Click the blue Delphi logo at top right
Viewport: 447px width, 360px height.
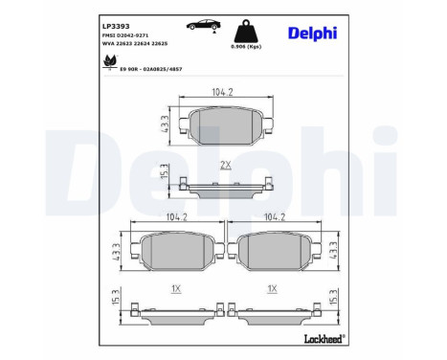point(311,34)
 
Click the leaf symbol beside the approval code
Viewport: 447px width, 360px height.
point(107,63)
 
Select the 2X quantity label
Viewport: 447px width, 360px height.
point(227,166)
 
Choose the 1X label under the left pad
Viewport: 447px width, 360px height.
point(175,288)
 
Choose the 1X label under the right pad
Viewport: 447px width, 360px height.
point(273,288)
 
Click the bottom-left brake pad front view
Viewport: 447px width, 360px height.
point(175,253)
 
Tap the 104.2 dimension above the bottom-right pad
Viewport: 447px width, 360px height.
point(275,217)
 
